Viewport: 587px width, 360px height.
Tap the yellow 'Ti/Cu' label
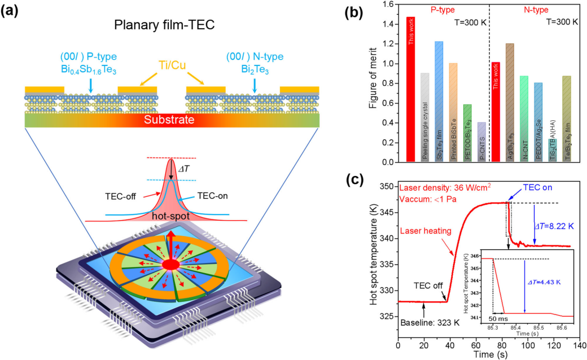pos(171,66)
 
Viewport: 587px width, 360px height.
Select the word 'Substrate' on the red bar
pos(172,120)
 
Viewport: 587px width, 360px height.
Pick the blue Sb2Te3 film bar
pos(439,102)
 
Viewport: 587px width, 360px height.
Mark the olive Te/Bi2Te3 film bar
pos(566,119)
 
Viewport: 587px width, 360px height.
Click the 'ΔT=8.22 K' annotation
pos(555,226)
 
